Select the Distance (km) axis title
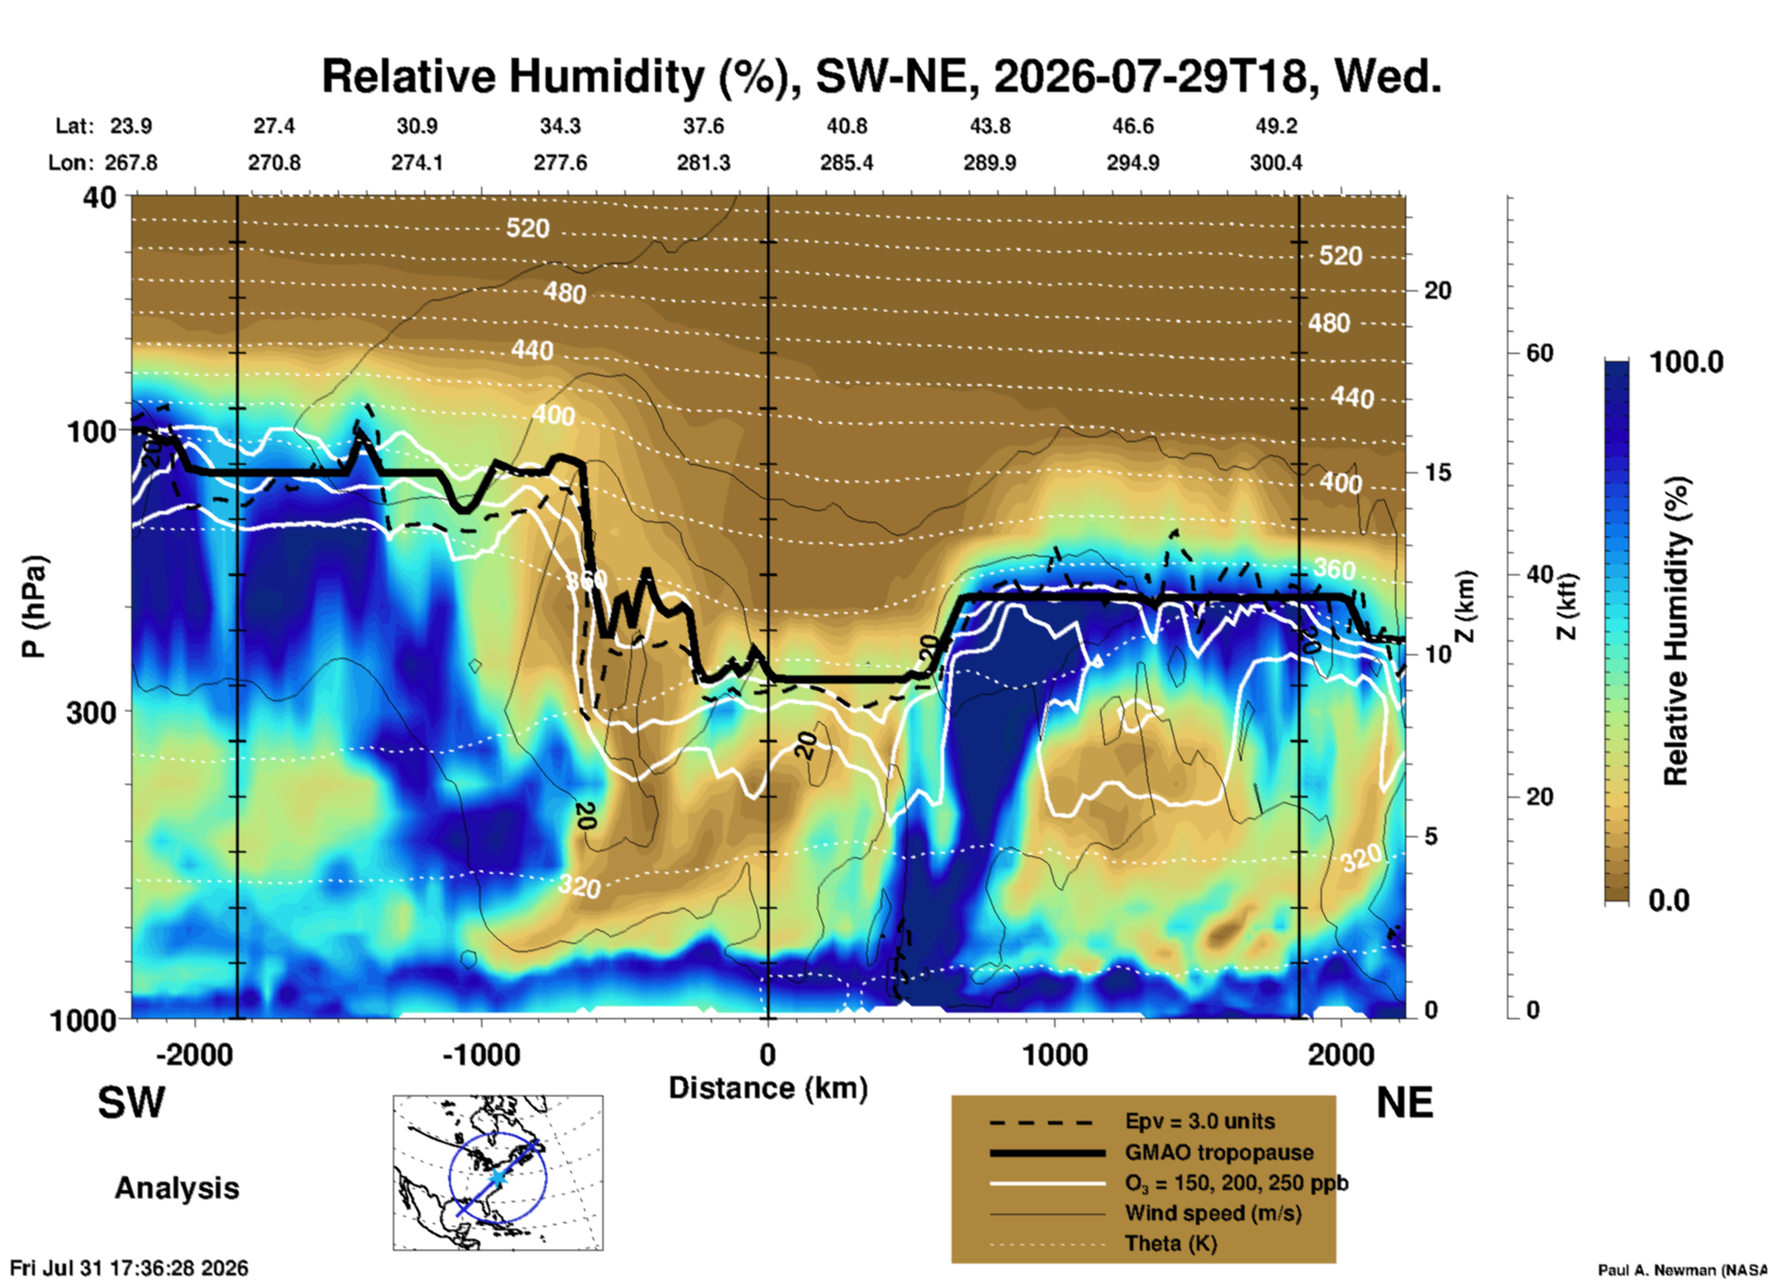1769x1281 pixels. click(x=768, y=1088)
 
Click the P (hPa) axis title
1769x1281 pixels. click(x=33, y=606)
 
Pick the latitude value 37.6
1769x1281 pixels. click(x=704, y=126)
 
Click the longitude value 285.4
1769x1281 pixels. click(x=846, y=163)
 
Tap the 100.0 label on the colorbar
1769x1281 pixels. click(x=1686, y=362)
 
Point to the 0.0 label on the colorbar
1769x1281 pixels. click(x=1669, y=901)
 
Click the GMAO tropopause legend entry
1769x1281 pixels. click(x=1219, y=1152)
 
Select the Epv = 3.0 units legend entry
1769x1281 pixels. click(x=1200, y=1121)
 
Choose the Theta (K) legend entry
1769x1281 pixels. click(x=1170, y=1244)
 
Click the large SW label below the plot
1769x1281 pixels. click(x=131, y=1103)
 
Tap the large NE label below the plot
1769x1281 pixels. click(x=1404, y=1103)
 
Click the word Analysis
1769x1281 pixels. click(x=176, y=1188)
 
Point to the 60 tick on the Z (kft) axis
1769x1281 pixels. click(x=1539, y=353)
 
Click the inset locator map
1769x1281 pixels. click(x=498, y=1173)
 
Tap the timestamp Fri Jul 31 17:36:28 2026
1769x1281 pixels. click(x=130, y=1268)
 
